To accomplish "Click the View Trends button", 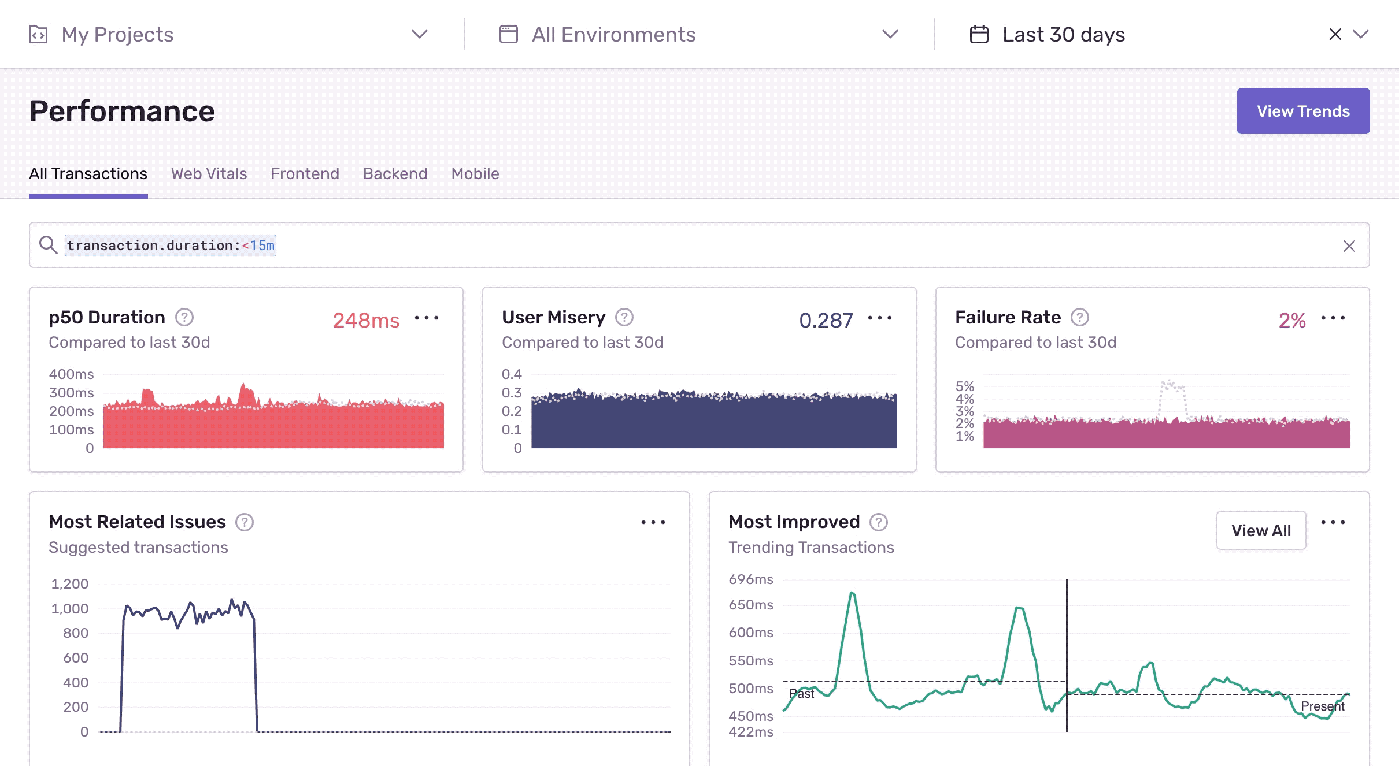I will pyautogui.click(x=1303, y=111).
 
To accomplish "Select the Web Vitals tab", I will pyautogui.click(x=209, y=173).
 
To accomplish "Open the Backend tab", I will pyautogui.click(x=395, y=173).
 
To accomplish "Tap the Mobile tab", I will pyautogui.click(x=475, y=173).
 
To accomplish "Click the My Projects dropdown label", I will pyautogui.click(x=117, y=35).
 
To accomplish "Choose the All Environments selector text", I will pyautogui.click(x=613, y=35).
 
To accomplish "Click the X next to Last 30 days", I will pyautogui.click(x=1335, y=35).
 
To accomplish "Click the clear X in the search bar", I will pyautogui.click(x=1349, y=246).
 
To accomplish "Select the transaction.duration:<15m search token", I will pyautogui.click(x=171, y=246).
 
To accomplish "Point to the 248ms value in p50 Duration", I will pyautogui.click(x=366, y=320).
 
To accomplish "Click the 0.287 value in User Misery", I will pyautogui.click(x=826, y=320).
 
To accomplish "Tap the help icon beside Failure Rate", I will pyautogui.click(x=1079, y=317).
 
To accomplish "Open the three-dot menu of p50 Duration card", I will pyautogui.click(x=427, y=318).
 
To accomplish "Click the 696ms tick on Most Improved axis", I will pyautogui.click(x=750, y=579).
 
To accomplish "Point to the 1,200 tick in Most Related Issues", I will pyautogui.click(x=70, y=584).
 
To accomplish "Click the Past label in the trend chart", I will pyautogui.click(x=801, y=694).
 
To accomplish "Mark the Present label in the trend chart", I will pyautogui.click(x=1322, y=706).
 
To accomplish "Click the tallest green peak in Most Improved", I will pyautogui.click(x=852, y=593).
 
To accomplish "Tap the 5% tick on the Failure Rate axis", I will pyautogui.click(x=964, y=386).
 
